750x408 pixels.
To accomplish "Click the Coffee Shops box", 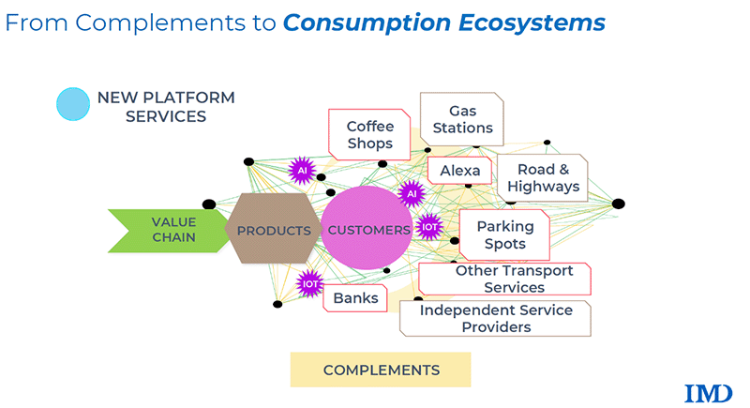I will coord(369,134).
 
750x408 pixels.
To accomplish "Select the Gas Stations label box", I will coord(457,119).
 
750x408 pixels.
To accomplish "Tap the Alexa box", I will coord(459,171).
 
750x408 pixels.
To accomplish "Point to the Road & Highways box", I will coord(543,178).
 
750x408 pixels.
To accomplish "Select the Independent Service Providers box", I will coord(495,318).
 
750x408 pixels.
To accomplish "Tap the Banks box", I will coord(355,298).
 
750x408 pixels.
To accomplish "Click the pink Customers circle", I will coord(367,230).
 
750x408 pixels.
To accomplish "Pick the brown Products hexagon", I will coord(274,230).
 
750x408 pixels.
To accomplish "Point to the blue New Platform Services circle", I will coord(73,104).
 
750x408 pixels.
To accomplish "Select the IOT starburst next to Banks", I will coord(309,282).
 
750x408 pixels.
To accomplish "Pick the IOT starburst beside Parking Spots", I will coord(430,226).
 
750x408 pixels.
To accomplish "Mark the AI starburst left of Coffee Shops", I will coord(301,170).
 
